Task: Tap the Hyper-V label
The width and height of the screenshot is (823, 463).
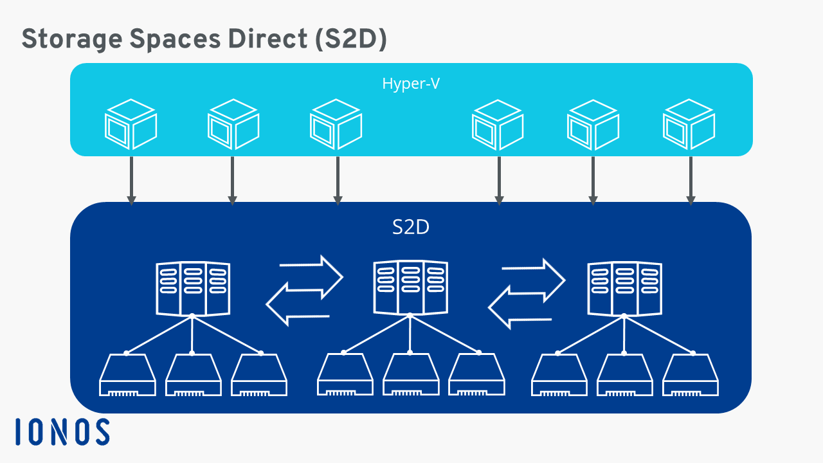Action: click(411, 84)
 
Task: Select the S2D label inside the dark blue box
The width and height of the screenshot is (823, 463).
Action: click(411, 228)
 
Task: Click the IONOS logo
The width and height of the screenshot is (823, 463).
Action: click(62, 431)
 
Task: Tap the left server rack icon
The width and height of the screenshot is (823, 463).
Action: click(192, 287)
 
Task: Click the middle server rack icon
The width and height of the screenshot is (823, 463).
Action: click(410, 287)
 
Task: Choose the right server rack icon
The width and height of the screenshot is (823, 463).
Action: click(625, 287)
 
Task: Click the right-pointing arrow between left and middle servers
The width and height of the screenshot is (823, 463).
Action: click(312, 271)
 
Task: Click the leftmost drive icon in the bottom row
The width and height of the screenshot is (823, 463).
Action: click(127, 376)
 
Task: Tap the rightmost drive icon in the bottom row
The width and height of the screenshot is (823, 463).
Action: click(691, 376)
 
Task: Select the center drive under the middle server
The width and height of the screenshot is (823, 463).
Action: click(410, 376)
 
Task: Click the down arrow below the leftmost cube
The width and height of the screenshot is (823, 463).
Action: click(131, 180)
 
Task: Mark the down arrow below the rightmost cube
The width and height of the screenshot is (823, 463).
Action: click(691, 180)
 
